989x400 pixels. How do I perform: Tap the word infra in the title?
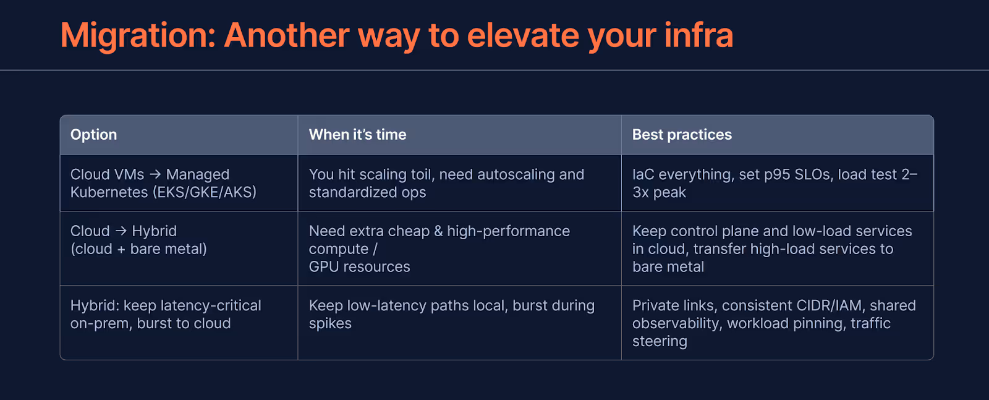click(698, 35)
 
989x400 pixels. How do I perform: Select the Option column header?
click(93, 135)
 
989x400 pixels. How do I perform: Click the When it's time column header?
click(358, 134)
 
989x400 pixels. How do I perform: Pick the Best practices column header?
click(682, 135)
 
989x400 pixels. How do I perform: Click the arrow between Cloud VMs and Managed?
click(155, 174)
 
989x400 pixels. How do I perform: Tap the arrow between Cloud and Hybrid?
click(121, 231)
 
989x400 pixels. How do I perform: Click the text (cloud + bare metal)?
click(138, 249)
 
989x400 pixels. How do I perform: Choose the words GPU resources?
click(359, 267)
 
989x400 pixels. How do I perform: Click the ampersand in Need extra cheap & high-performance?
click(438, 231)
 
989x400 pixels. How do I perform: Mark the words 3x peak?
click(659, 192)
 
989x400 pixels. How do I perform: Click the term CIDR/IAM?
click(829, 305)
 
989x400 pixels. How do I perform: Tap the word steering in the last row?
click(660, 342)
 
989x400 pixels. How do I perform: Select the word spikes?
click(330, 324)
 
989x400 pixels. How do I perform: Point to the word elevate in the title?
click(523, 35)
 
